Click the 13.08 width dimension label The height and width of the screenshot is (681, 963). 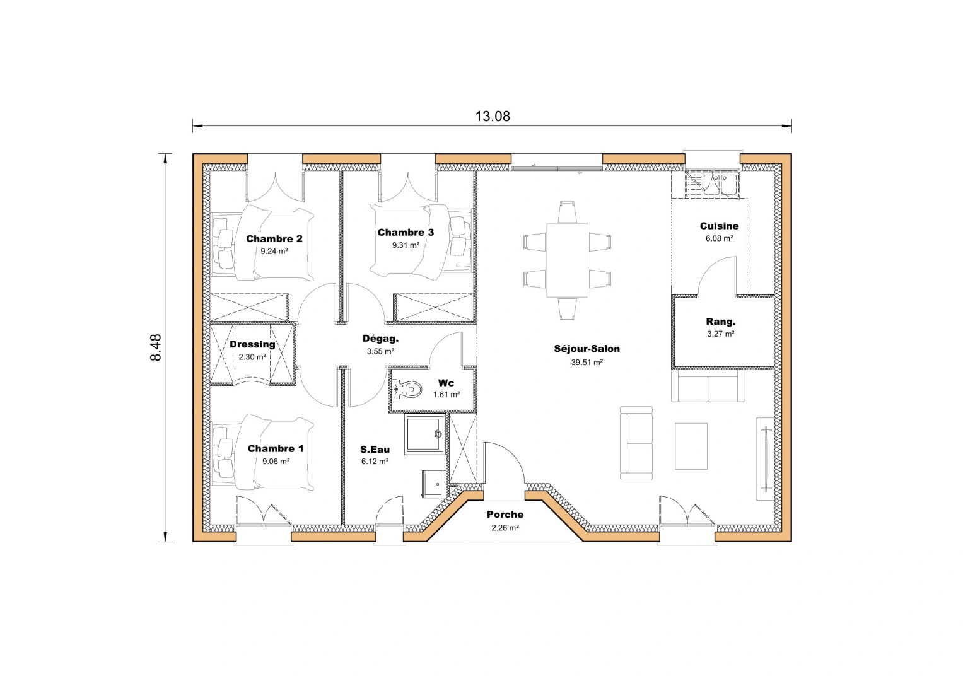pyautogui.click(x=492, y=116)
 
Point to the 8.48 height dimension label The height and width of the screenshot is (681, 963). pyautogui.click(x=156, y=347)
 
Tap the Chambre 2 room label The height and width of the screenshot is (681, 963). pyautogui.click(x=274, y=238)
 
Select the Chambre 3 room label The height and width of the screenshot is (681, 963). pyautogui.click(x=406, y=232)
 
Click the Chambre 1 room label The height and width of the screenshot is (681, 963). pyautogui.click(x=275, y=448)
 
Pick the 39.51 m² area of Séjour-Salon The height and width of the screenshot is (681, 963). pyautogui.click(x=587, y=363)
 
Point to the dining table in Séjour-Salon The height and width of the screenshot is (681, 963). pyautogui.click(x=567, y=260)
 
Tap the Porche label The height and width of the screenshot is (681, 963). pyautogui.click(x=505, y=515)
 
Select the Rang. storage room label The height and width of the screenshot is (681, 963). pyautogui.click(x=720, y=322)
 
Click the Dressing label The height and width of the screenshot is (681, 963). pyautogui.click(x=252, y=344)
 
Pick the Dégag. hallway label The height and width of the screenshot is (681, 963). pyautogui.click(x=380, y=339)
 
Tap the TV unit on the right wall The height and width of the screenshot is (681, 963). pyautogui.click(x=765, y=458)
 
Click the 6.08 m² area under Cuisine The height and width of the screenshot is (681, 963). pyautogui.click(x=719, y=239)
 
